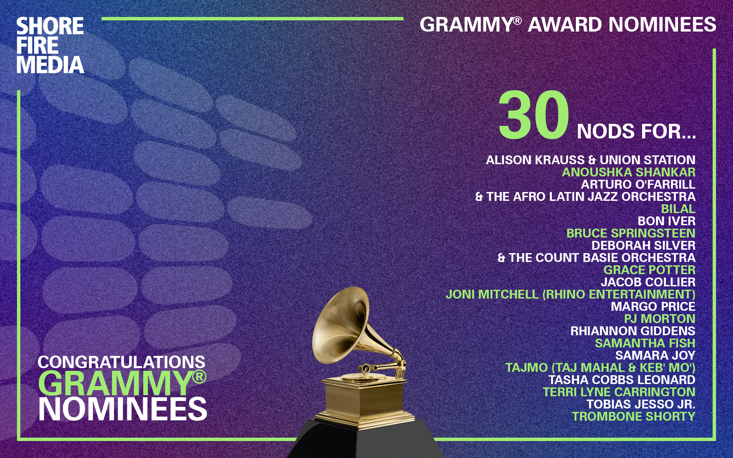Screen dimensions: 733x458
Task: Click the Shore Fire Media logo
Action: tap(50, 45)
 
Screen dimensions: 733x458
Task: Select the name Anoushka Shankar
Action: tap(628, 172)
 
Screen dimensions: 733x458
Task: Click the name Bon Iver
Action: tap(666, 221)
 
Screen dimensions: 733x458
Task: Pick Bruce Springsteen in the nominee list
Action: tap(631, 233)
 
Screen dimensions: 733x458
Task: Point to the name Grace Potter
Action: tap(650, 270)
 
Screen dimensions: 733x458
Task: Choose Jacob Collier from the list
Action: tap(648, 282)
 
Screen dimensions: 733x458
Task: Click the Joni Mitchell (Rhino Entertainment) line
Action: tap(570, 294)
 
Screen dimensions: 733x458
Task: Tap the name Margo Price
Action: tap(653, 307)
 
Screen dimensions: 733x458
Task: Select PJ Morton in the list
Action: tap(660, 319)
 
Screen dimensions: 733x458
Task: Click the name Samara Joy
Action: tap(655, 356)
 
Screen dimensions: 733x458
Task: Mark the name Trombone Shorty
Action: tap(634, 417)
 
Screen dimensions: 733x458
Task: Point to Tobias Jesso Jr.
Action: tap(641, 404)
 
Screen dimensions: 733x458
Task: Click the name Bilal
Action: tap(678, 209)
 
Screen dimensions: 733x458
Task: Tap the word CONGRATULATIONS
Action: tap(121, 362)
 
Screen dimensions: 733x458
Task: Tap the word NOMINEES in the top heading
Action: tap(662, 25)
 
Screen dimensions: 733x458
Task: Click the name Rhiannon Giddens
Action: tap(633, 331)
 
